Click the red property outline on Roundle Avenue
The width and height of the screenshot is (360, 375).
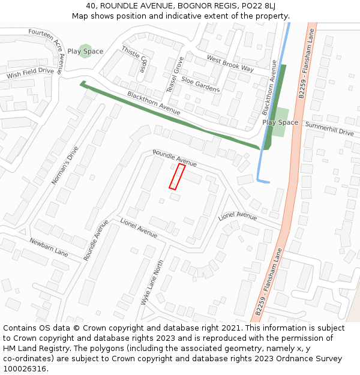click(x=177, y=177)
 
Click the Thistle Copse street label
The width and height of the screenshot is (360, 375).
click(x=134, y=59)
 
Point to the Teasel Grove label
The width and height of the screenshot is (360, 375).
click(x=175, y=75)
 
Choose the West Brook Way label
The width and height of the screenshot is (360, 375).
click(x=230, y=63)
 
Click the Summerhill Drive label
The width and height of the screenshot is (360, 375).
click(x=329, y=128)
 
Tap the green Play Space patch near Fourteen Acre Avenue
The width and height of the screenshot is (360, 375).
click(x=86, y=51)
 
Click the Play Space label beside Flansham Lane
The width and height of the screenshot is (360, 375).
click(x=280, y=122)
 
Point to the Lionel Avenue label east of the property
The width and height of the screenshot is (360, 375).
click(x=238, y=215)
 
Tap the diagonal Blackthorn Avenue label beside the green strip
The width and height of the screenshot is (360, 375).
click(x=154, y=103)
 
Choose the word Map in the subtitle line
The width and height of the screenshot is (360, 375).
click(x=81, y=16)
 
